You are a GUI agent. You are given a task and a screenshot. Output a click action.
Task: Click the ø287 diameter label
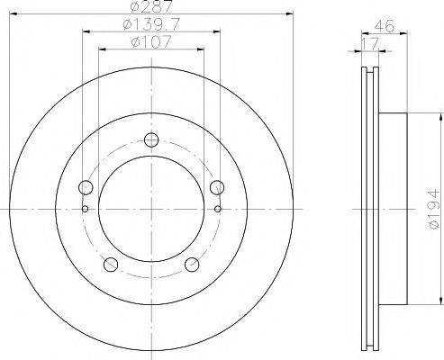point(151,7)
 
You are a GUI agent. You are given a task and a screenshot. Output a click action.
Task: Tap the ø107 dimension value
point(151,41)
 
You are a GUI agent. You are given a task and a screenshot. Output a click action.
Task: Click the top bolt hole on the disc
point(151,139)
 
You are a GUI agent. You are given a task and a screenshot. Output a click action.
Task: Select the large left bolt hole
point(86,187)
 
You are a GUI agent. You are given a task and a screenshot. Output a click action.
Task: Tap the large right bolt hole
point(216,187)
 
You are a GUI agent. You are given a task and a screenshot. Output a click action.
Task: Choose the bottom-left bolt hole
point(112,264)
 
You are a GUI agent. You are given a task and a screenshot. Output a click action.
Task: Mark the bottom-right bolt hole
point(192,264)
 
